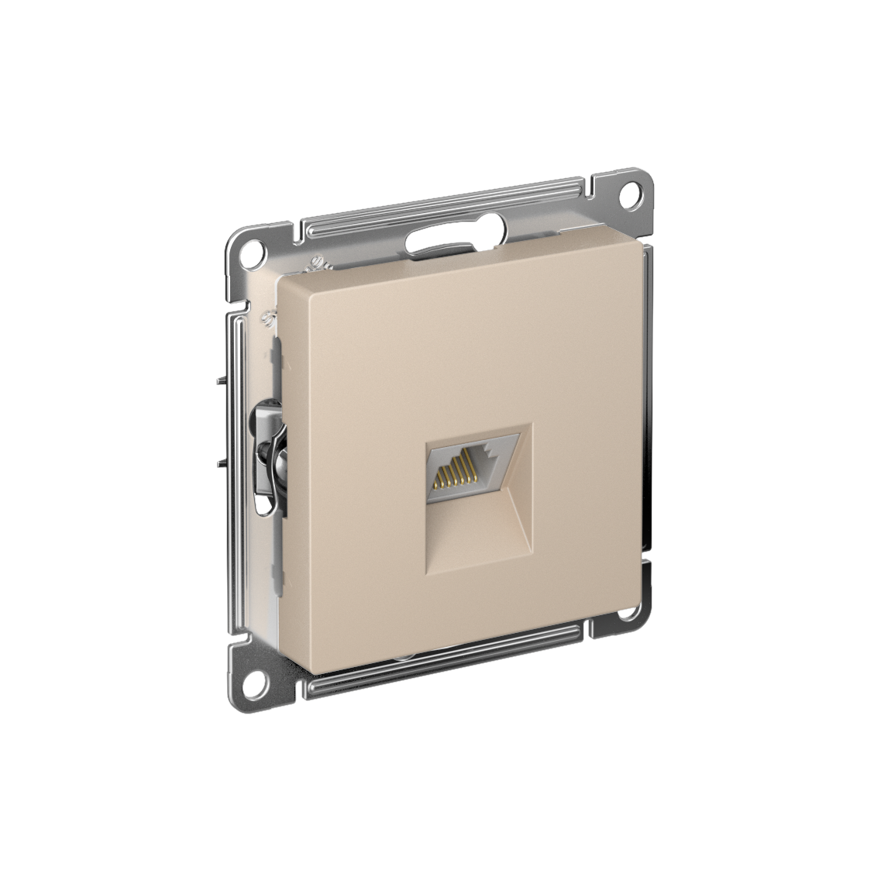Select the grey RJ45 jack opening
[x=458, y=465]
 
